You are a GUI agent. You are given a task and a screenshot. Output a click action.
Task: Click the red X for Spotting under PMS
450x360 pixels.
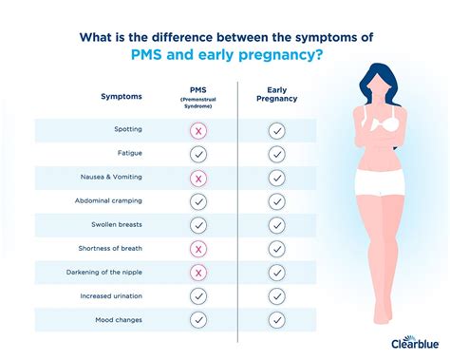click(x=198, y=130)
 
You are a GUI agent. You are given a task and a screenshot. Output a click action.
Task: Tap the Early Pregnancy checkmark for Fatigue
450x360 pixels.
click(x=276, y=154)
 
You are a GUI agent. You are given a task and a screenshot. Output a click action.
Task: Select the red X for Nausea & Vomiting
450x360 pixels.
click(x=198, y=178)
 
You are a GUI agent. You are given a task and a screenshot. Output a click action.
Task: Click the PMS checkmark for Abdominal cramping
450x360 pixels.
click(x=198, y=201)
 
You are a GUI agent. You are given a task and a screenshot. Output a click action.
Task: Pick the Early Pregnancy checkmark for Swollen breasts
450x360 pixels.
click(x=276, y=225)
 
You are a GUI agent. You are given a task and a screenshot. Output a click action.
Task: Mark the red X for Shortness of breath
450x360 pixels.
click(x=198, y=249)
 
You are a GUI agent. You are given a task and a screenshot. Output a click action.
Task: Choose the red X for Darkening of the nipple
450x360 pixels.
click(x=198, y=273)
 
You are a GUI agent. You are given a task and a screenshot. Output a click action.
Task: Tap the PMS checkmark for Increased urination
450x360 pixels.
click(x=198, y=296)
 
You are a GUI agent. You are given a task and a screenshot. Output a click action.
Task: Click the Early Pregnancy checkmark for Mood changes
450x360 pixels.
click(x=276, y=320)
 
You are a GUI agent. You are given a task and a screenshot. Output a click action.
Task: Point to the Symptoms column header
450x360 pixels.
click(x=122, y=97)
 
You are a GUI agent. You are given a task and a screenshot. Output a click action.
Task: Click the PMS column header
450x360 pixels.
click(x=198, y=92)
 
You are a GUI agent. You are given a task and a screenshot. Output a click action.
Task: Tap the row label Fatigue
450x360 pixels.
click(x=130, y=154)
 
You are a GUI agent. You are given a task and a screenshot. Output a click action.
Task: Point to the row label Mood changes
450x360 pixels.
click(x=118, y=320)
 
